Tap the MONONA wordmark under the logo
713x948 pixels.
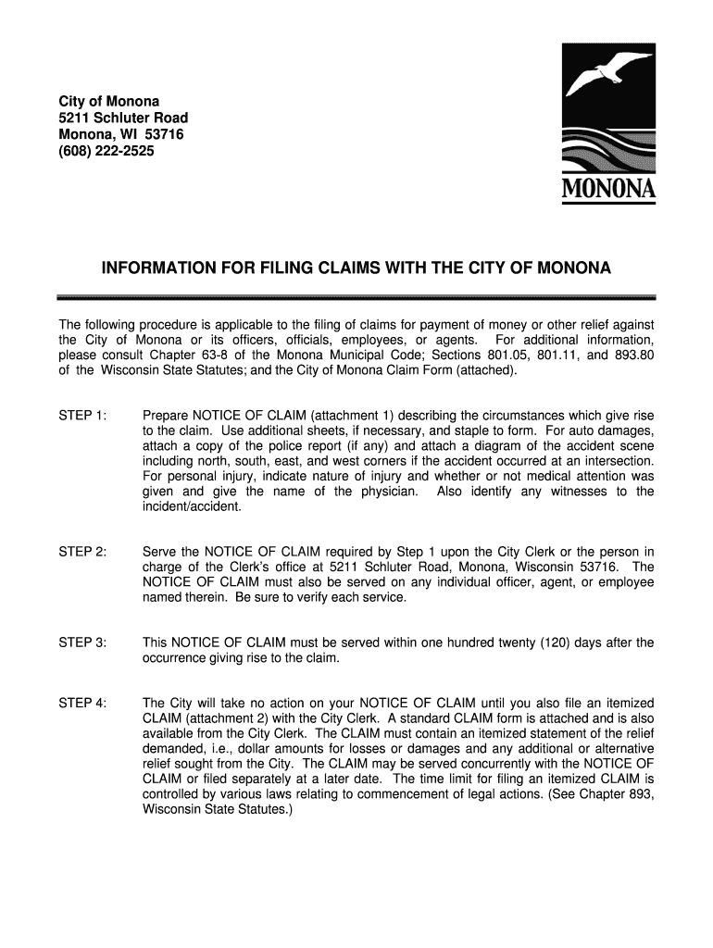pos(608,191)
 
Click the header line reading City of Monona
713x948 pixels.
pos(109,101)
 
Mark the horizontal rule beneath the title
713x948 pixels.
pos(356,297)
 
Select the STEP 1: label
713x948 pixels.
pos(82,414)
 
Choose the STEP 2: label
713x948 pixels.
pos(82,552)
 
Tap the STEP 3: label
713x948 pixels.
pos(82,642)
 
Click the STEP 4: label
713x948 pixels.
pos(82,704)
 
